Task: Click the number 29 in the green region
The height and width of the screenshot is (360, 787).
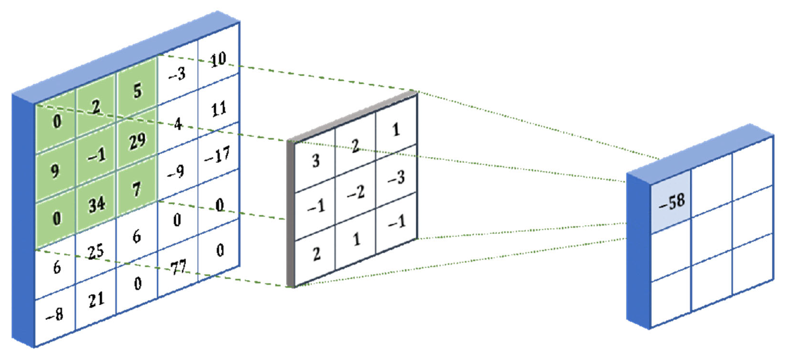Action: click(x=137, y=141)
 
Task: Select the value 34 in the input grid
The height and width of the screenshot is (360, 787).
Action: click(x=97, y=204)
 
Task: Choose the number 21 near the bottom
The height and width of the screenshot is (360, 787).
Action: click(x=97, y=300)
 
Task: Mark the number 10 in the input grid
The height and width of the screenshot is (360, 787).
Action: click(x=218, y=59)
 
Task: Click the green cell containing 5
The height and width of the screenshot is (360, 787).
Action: click(x=137, y=91)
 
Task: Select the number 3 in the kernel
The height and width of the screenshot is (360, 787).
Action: click(x=316, y=160)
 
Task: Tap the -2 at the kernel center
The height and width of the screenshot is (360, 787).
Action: click(x=356, y=192)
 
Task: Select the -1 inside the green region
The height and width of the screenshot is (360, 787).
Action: click(x=97, y=155)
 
